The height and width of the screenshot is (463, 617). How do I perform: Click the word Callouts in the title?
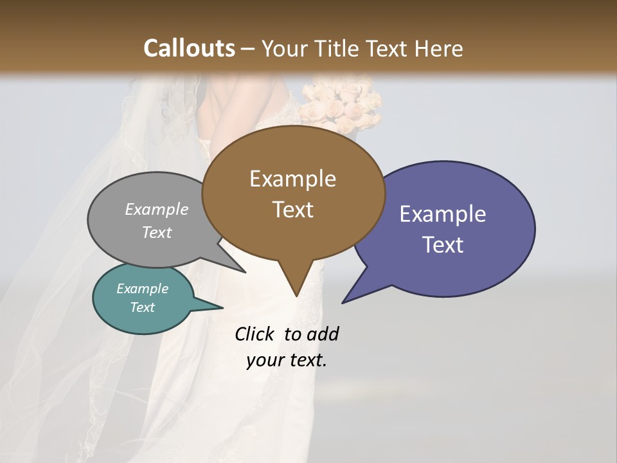click(x=189, y=48)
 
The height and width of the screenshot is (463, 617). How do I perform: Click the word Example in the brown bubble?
click(x=292, y=179)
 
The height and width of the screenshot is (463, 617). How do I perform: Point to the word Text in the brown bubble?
click(x=292, y=210)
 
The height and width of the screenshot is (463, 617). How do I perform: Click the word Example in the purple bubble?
click(x=443, y=214)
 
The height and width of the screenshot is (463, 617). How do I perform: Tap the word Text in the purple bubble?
click(x=443, y=245)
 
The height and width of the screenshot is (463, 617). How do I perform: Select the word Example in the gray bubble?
click(x=157, y=209)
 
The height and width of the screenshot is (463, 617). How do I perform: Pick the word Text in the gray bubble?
click(x=157, y=232)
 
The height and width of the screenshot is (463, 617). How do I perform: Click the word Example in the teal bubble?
click(x=143, y=289)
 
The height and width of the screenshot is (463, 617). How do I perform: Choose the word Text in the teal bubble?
click(x=143, y=307)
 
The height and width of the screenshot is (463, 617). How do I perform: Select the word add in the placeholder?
click(x=322, y=334)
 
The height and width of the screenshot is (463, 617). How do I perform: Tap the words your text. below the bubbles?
click(x=287, y=360)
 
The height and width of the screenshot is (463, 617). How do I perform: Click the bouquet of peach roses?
click(x=341, y=103)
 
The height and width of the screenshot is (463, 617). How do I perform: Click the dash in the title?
click(x=249, y=48)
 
